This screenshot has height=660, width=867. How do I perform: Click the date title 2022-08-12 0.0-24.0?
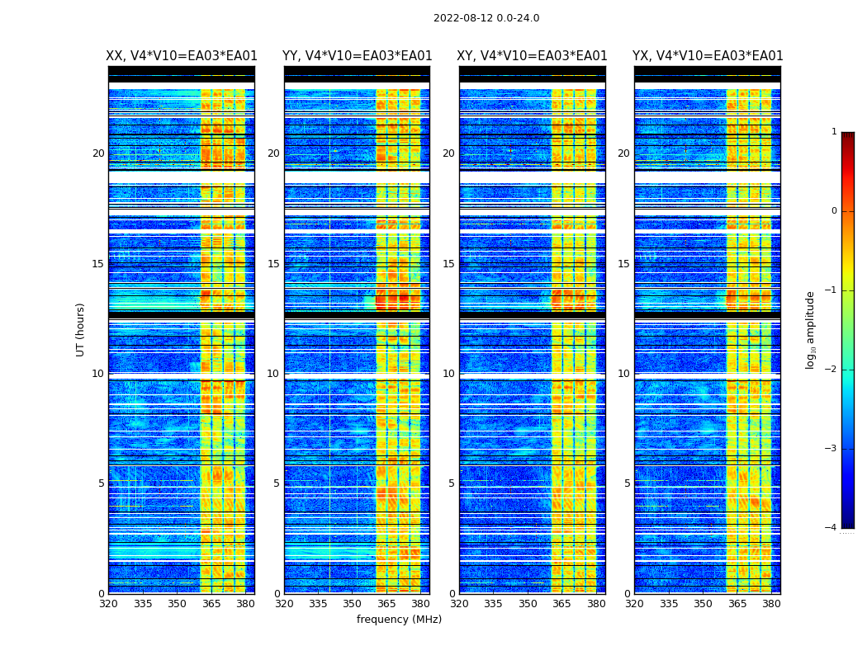click(x=486, y=18)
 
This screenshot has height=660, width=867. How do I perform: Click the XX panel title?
click(x=182, y=56)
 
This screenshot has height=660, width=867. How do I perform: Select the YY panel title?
click(x=357, y=56)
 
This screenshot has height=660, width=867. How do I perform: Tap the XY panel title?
click(x=533, y=56)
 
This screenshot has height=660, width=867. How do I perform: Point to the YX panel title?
click(x=708, y=56)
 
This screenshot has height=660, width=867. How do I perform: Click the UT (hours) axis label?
click(x=81, y=329)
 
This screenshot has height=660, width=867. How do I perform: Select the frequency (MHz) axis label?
click(x=399, y=620)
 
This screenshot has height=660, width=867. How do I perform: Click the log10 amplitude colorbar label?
click(x=811, y=329)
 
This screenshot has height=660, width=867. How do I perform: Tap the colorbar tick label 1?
click(x=834, y=132)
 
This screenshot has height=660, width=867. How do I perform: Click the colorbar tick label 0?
click(x=834, y=211)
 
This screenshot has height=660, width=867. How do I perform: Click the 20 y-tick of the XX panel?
click(x=98, y=153)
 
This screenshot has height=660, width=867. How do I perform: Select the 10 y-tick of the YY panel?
click(x=273, y=374)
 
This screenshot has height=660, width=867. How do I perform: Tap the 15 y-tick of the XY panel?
click(x=448, y=264)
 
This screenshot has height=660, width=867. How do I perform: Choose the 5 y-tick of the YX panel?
click(x=627, y=483)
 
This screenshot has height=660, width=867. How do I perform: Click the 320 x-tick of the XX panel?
click(x=108, y=603)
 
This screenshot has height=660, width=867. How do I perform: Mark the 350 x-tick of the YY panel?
click(x=353, y=603)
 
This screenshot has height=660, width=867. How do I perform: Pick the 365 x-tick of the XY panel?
click(x=561, y=603)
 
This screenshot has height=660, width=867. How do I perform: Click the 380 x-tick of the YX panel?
click(x=771, y=603)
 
